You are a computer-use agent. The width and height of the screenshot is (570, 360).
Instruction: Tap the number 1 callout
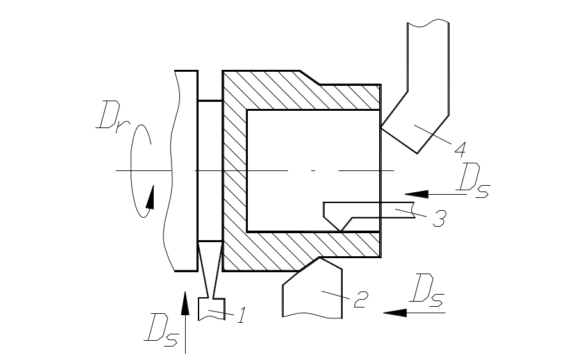pos(241,315)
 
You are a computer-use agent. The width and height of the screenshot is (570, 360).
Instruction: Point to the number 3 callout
pos(439,218)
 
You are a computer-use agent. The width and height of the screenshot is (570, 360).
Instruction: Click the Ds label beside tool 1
pos(161,331)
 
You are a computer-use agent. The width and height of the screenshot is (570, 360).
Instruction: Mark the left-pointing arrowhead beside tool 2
pos(396,313)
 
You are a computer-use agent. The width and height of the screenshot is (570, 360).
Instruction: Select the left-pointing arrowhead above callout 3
pos(416,193)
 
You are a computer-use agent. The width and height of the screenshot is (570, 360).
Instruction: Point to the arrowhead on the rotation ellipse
pos(150,198)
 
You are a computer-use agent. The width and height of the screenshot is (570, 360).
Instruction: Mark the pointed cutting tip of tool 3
pos(339,230)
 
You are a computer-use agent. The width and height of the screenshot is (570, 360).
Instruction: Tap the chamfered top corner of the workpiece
pos(310,78)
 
